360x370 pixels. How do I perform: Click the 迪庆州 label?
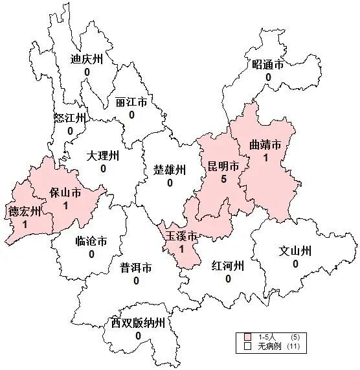click(87, 59)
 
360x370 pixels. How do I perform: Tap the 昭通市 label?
click(268, 64)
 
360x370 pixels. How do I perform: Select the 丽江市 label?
click(131, 103)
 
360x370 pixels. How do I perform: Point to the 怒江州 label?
click(70, 118)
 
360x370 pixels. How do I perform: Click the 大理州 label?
click(103, 156)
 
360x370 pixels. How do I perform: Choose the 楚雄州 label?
click(170, 170)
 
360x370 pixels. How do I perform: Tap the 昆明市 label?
click(223, 166)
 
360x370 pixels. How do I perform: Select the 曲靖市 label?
click(265, 145)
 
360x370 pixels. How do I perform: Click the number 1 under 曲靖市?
click(265, 157)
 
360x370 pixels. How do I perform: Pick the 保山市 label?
click(65, 192)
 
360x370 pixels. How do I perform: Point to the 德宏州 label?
click(24, 211)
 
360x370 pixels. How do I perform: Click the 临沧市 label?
click(91, 242)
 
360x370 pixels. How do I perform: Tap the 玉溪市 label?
click(181, 236)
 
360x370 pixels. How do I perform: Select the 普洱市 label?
click(136, 268)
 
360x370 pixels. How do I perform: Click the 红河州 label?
click(227, 266)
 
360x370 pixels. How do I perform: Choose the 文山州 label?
click(295, 251)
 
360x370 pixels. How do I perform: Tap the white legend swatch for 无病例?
click(248, 347)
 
